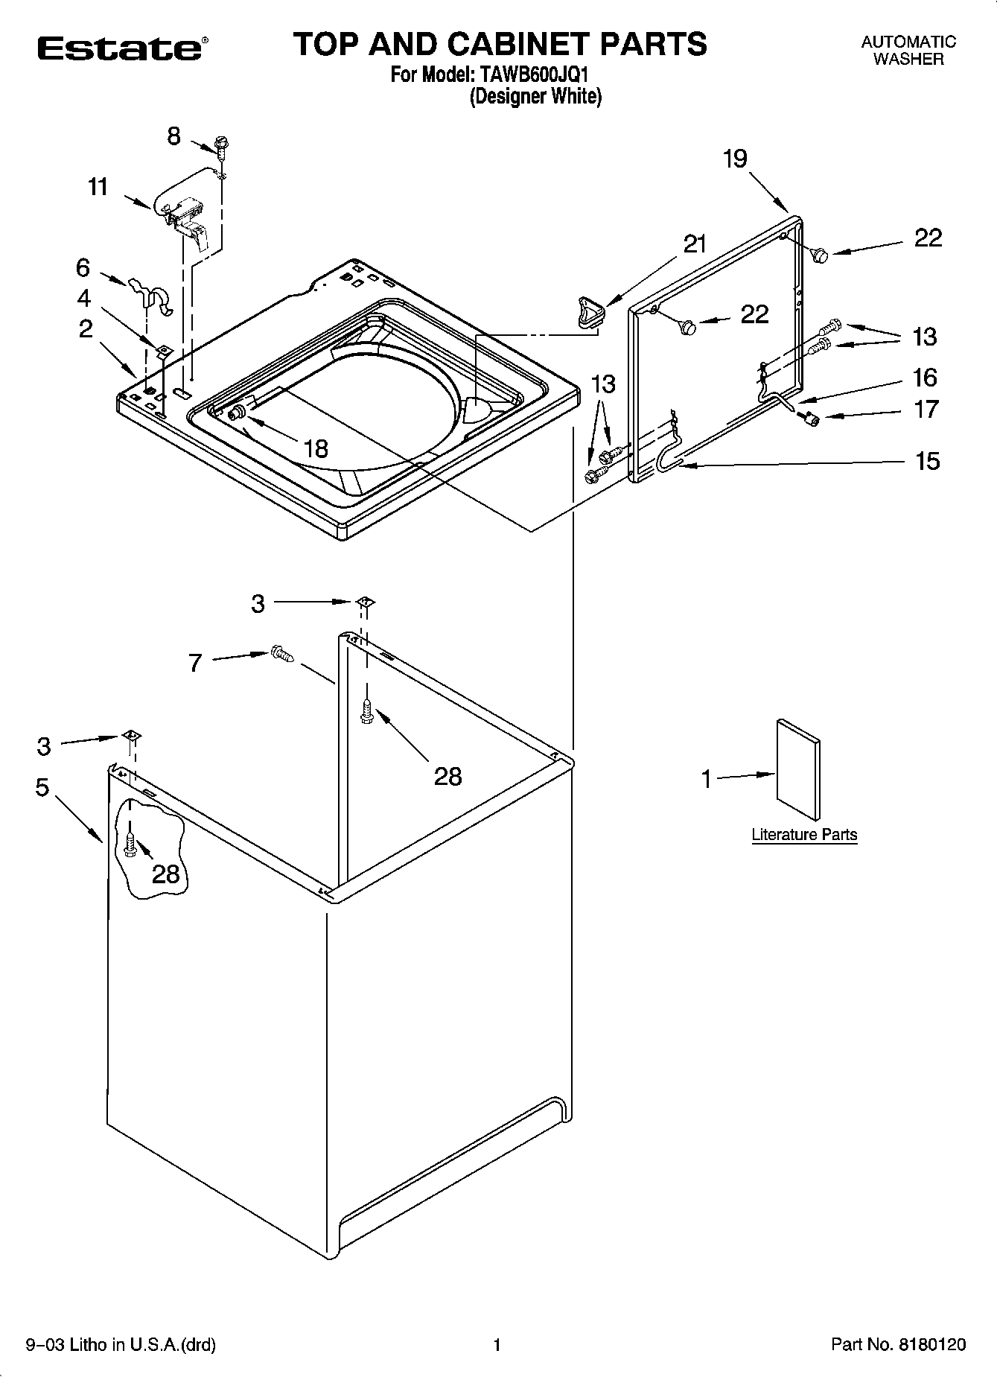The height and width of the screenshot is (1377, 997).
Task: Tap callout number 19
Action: (x=734, y=159)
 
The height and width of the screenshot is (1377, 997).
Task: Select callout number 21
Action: (x=694, y=244)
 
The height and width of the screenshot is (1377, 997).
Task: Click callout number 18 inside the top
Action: (x=316, y=448)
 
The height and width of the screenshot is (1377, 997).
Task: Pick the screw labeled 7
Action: (x=282, y=654)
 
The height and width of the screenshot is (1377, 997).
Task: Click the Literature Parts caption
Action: (x=804, y=835)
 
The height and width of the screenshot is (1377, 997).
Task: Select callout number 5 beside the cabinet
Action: (x=42, y=787)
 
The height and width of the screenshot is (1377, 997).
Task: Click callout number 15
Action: (x=927, y=461)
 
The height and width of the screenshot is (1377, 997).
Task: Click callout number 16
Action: (x=925, y=378)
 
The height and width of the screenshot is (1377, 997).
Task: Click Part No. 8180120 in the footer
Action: (x=898, y=1344)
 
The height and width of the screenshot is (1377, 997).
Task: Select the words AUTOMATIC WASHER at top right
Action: (x=908, y=51)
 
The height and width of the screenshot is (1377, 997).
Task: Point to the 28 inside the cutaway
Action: (x=165, y=873)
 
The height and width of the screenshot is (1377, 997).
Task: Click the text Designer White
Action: (x=535, y=96)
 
